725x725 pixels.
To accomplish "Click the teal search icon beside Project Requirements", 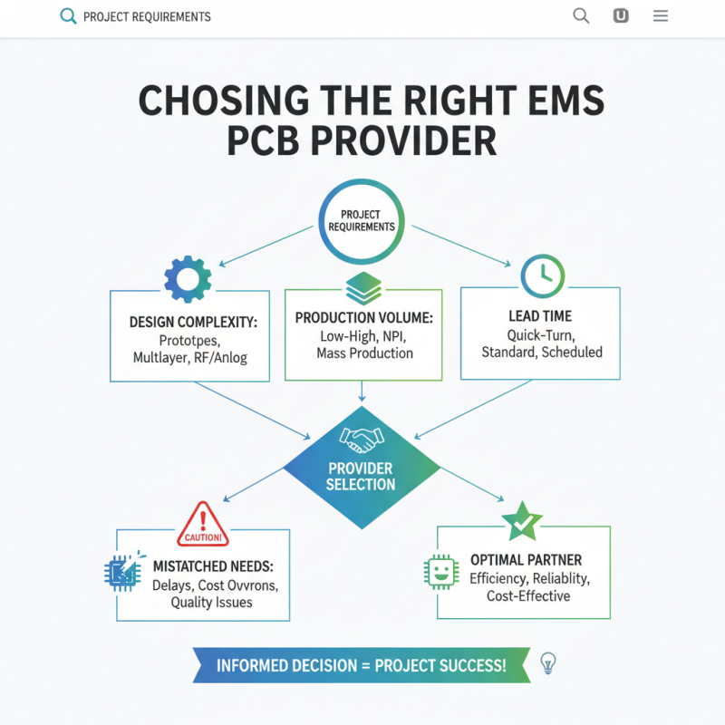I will [x=67, y=16].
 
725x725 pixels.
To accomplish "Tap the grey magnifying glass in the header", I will [x=581, y=15].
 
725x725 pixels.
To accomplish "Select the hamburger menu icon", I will [x=661, y=15].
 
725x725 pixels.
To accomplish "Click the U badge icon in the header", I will [x=621, y=15].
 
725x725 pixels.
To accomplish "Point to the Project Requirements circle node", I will [x=362, y=221].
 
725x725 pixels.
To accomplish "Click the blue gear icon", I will [x=188, y=278].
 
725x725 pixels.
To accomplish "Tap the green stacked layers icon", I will [x=362, y=289].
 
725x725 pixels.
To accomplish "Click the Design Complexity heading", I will [x=189, y=322].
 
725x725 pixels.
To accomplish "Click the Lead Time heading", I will [x=540, y=316].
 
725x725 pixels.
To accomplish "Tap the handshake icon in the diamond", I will [x=362, y=440].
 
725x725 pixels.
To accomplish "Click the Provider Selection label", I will [x=361, y=477].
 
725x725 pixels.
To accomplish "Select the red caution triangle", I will [x=203, y=525].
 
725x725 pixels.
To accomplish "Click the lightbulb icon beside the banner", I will [x=547, y=663].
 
